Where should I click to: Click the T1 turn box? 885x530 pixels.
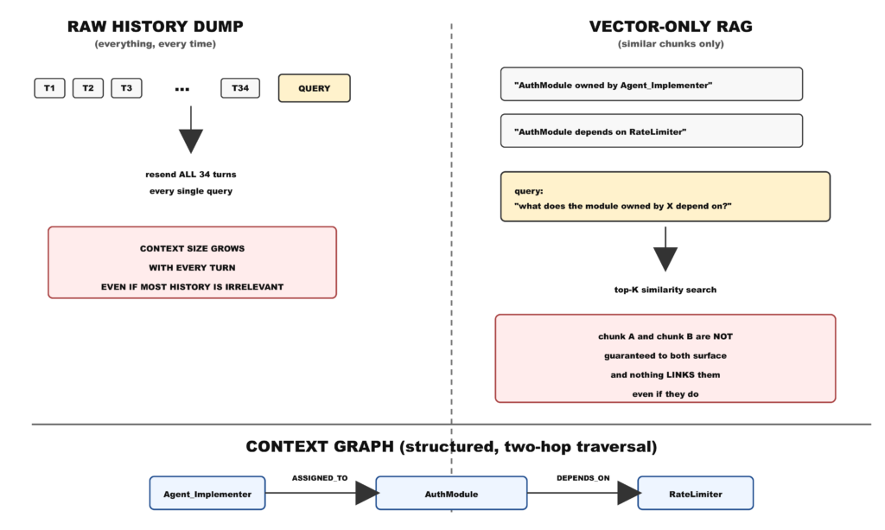pos(49,88)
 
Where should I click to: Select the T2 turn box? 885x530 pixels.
pos(88,88)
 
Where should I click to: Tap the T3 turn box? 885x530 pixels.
pos(126,88)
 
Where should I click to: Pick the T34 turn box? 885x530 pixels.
pos(240,88)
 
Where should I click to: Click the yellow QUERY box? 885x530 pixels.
pos(315,88)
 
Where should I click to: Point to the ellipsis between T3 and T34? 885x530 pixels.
pos(181,89)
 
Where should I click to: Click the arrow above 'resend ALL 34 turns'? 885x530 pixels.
pos(191,130)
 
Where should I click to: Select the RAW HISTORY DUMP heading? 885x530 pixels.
pos(156,27)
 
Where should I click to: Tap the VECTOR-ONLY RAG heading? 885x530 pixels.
pos(671,27)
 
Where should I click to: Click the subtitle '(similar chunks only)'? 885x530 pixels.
pos(671,44)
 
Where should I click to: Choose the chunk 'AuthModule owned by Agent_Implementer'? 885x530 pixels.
pos(652,84)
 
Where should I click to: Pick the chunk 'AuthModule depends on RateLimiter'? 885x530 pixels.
pos(652,131)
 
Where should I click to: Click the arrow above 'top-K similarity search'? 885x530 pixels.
pos(665,250)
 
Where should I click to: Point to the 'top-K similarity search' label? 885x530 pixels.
pos(665,290)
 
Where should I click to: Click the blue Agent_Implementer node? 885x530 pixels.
pos(207,494)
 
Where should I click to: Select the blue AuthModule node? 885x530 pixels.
pos(451,494)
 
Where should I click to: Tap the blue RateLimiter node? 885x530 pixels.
pos(696,494)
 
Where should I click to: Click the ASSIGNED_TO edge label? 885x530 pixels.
pos(320,478)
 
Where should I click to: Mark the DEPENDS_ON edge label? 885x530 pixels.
pos(583,478)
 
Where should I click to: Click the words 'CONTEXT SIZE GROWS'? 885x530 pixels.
pos(193,248)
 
